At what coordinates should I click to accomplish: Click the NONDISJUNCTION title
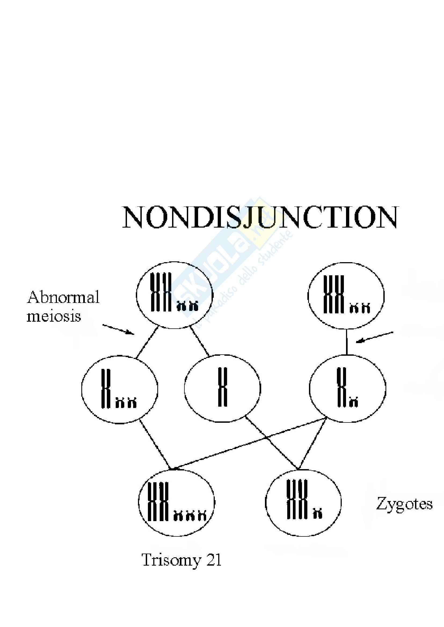coord(260,217)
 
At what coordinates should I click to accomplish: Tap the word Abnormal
coord(63,297)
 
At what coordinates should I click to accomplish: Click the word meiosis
coord(54,316)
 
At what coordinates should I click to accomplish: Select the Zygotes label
coord(404,504)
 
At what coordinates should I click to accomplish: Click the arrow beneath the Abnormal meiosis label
coord(118,329)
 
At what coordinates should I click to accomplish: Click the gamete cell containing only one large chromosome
coord(223,389)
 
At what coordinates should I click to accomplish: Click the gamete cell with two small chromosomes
coord(120,390)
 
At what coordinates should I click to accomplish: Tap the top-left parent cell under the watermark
coord(175,295)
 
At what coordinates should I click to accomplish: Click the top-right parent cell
coord(346,296)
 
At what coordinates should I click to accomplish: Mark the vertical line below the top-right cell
coord(347,342)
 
